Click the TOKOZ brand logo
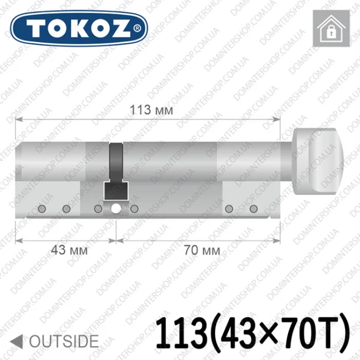click(x=79, y=28)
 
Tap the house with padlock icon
click(x=331, y=28)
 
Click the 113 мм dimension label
click(x=151, y=110)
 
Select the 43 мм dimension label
click(x=69, y=250)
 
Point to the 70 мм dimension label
click(x=202, y=250)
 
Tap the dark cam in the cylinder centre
click(x=116, y=171)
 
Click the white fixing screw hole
click(x=116, y=209)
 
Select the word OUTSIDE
click(x=64, y=341)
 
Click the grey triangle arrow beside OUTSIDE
click(x=17, y=341)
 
